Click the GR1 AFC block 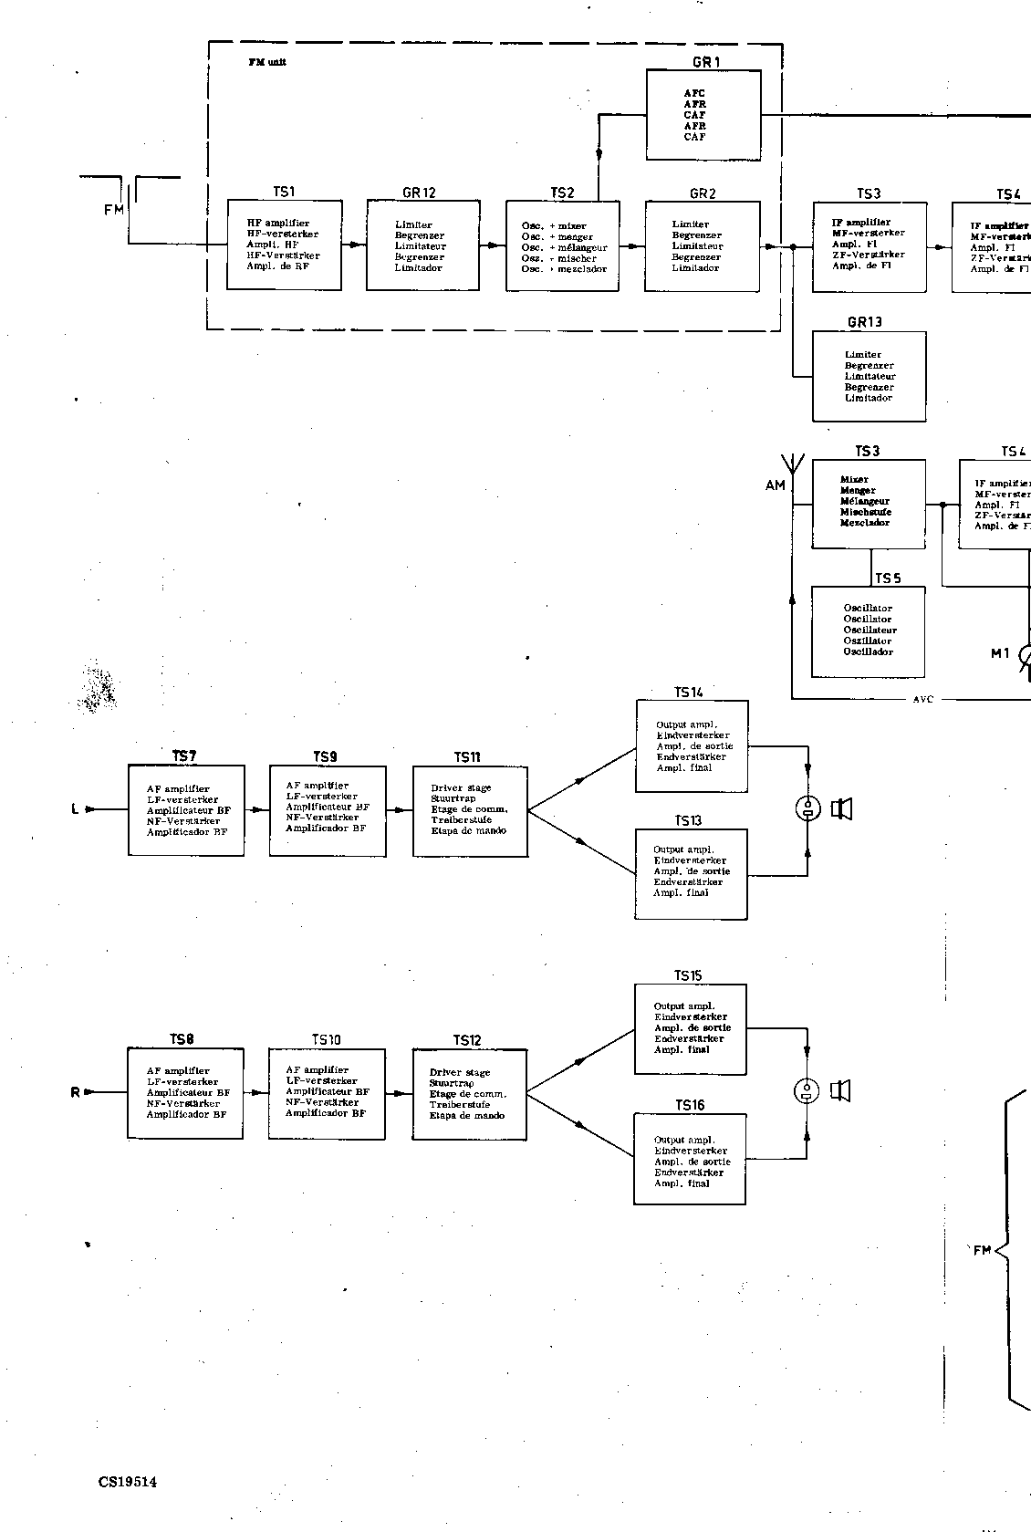click(x=703, y=115)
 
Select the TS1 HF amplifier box click(x=284, y=245)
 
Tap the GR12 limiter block click(x=422, y=245)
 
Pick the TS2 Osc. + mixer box click(x=562, y=246)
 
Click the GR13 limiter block click(x=869, y=376)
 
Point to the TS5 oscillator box click(x=868, y=631)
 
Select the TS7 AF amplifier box click(x=187, y=810)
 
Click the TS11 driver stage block click(x=470, y=810)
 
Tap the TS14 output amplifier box click(x=692, y=746)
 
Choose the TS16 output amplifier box click(x=690, y=1159)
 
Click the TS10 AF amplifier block click(x=327, y=1092)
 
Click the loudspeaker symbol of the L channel click(x=841, y=808)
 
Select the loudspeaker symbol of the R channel click(x=841, y=1090)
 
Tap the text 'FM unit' click(x=267, y=62)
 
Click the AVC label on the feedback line click(x=923, y=700)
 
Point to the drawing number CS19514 click(x=128, y=1482)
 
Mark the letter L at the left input click(x=75, y=808)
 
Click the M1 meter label click(x=1000, y=653)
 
